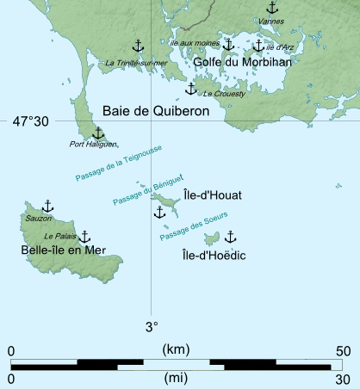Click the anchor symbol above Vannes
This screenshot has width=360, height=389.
[272, 8]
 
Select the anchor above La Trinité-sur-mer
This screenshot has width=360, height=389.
[137, 46]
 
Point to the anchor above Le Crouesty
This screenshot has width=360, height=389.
[191, 88]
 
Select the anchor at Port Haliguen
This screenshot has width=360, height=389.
[97, 133]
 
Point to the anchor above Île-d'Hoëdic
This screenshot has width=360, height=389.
[230, 236]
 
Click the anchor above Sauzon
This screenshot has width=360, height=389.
[47, 206]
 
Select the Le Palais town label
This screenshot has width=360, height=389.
[59, 235]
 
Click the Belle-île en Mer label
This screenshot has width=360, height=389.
[59, 250]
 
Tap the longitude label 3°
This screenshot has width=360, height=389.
[152, 326]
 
